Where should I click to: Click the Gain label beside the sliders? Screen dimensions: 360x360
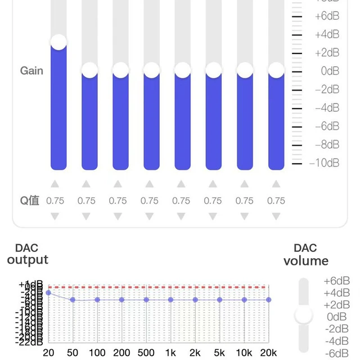[x=31, y=71]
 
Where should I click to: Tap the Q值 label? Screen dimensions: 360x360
[x=30, y=201]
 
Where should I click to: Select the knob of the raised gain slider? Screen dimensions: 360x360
[x=58, y=42]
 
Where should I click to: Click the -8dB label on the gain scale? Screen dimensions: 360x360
[x=326, y=145]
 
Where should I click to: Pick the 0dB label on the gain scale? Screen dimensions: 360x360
[x=329, y=71]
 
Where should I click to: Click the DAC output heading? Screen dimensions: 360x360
[x=28, y=254]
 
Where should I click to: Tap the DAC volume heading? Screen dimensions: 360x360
[x=305, y=255]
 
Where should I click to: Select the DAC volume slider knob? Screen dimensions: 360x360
[x=304, y=315]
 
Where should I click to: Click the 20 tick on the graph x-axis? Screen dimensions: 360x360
[x=49, y=353]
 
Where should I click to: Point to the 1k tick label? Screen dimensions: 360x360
[x=170, y=353]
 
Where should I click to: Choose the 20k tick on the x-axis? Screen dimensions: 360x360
[x=268, y=353]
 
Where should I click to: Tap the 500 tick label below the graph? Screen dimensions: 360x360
[x=146, y=353]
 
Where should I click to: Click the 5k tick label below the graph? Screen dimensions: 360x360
[x=219, y=353]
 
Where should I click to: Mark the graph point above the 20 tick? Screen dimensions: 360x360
[x=49, y=292]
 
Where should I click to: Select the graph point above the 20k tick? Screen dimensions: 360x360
[x=269, y=300]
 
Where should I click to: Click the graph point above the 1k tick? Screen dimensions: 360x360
[x=170, y=300]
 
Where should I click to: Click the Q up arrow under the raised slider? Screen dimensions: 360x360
[x=55, y=184]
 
